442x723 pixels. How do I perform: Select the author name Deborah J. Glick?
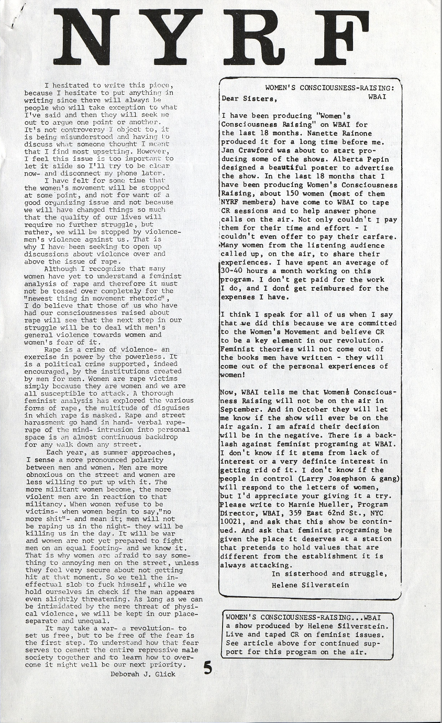[143, 674]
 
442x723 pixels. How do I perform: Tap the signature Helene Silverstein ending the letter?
[310, 585]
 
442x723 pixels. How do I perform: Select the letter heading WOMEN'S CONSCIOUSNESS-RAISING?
[330, 87]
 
